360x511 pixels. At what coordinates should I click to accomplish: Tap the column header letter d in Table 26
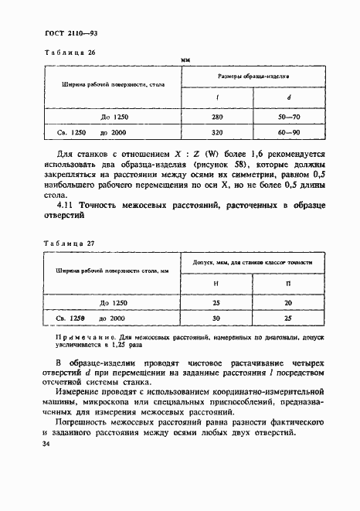[288, 98]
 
